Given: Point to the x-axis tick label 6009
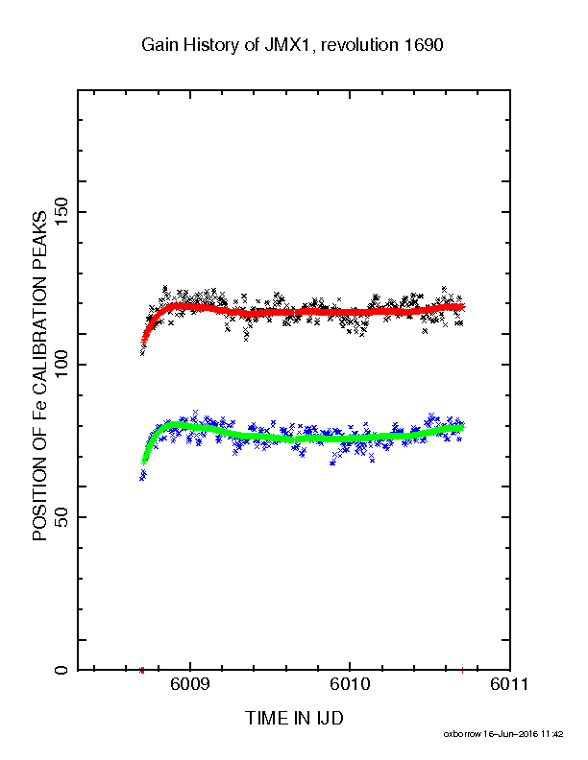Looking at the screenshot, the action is point(190,684).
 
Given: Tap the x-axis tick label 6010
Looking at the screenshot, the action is point(350,684).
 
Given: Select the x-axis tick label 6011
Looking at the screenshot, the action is point(509,684).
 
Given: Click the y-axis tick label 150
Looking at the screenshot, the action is point(61,212).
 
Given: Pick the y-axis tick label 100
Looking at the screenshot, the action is point(61,365).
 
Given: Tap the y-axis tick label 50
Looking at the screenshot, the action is point(61,517).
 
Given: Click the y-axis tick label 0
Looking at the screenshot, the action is point(61,670).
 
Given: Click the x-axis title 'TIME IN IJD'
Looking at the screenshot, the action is point(294,718).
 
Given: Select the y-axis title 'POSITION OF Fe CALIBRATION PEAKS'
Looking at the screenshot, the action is point(39,376).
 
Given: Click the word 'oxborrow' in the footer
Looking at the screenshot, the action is point(463,734).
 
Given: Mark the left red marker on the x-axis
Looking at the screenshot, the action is point(142,671).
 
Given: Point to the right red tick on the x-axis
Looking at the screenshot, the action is point(462,671).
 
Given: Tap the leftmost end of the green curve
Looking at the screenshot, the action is point(143,462).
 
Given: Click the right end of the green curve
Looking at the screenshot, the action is point(462,428).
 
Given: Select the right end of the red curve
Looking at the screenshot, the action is point(462,307).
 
